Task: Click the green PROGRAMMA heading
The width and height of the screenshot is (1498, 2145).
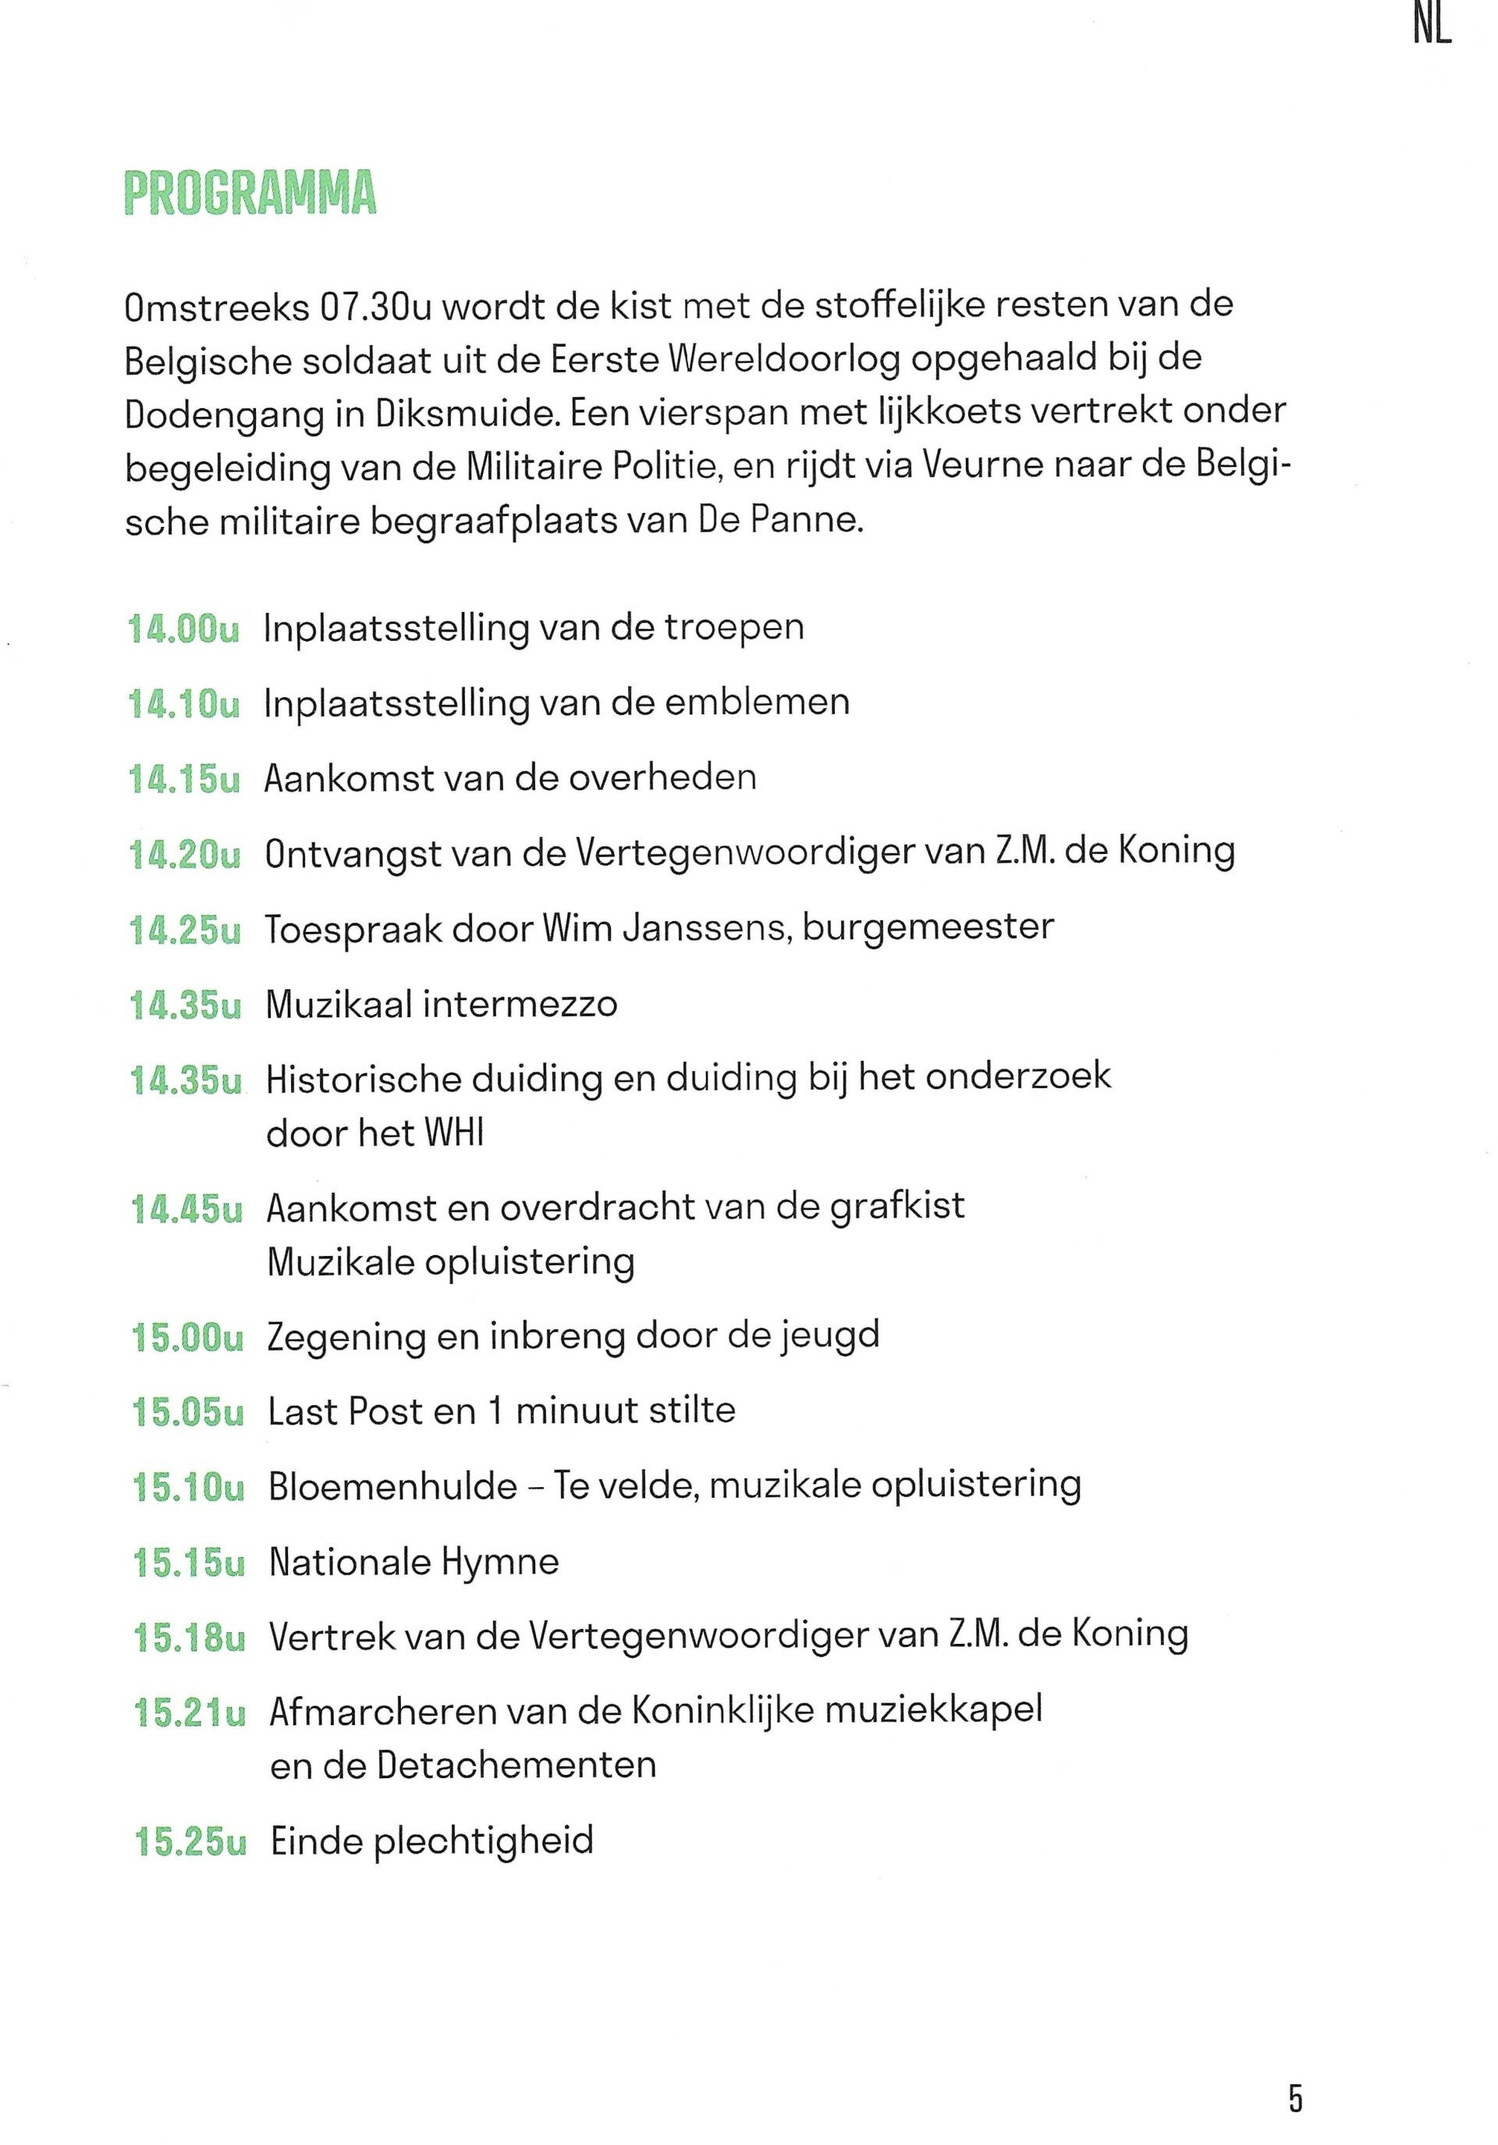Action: coord(250,194)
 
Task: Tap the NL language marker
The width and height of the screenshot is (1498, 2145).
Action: coord(1432,27)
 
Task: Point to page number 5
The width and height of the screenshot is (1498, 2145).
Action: coord(1294,2071)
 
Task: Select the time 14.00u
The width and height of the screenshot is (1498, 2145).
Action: coord(183,628)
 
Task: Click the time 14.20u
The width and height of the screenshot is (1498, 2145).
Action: coord(184,854)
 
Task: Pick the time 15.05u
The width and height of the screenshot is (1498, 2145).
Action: coord(188,1411)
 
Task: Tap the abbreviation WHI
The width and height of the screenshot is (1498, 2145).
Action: coord(455,1133)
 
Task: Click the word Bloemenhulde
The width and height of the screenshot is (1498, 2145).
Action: coord(392,1486)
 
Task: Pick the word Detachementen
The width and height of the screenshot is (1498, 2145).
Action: coord(516,1765)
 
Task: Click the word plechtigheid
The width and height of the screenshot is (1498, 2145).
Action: coord(484,1841)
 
